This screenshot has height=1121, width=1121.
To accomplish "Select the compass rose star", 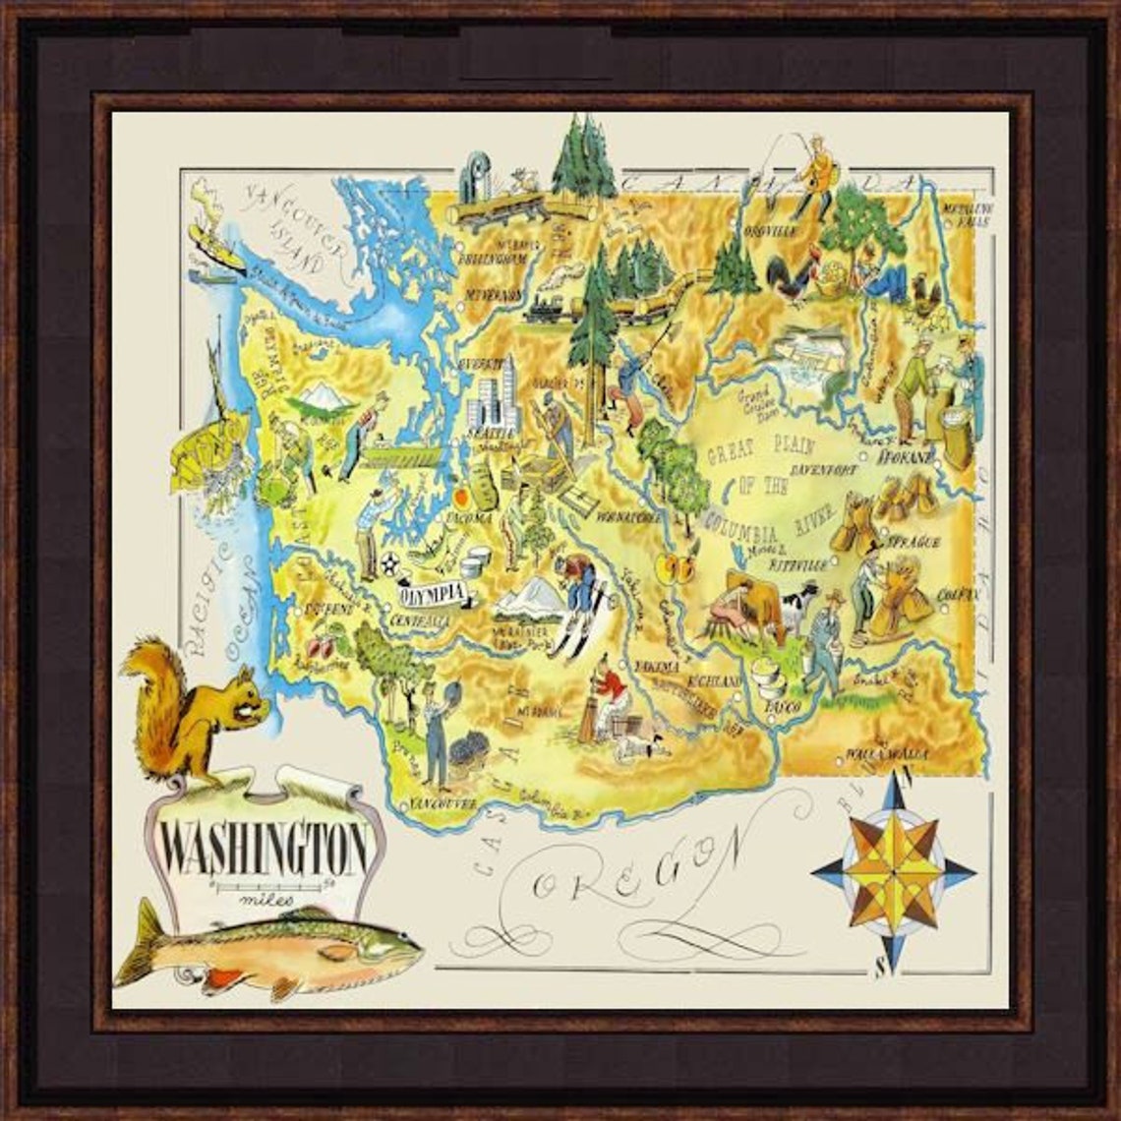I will pos(893,868).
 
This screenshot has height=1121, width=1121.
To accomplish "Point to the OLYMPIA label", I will pos(433,593).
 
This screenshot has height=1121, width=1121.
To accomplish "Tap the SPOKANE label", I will pos(910,457).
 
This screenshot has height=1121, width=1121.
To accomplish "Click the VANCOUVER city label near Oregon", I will pos(442,804).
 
